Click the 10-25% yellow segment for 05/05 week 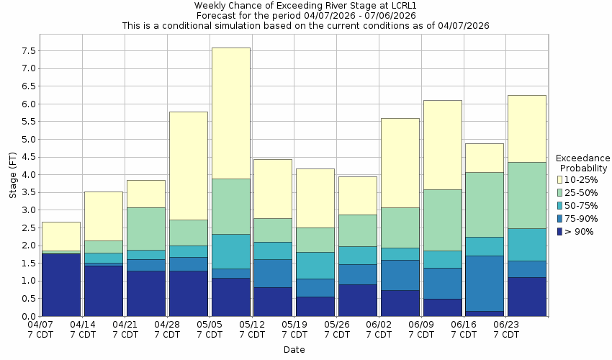tap(230, 113)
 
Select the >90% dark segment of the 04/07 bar tap(61, 284)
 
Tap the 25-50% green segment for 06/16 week tap(484, 204)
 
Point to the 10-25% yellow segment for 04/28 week tap(188, 166)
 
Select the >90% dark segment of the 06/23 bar tap(526, 297)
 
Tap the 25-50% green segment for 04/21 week tap(146, 228)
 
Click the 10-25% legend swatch tap(559, 179)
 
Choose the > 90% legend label tap(580, 231)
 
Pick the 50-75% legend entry tap(580, 205)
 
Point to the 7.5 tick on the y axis tap(30, 51)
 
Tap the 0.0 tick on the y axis tap(30, 316)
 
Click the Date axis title tap(294, 350)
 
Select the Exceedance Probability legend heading tap(582, 163)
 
